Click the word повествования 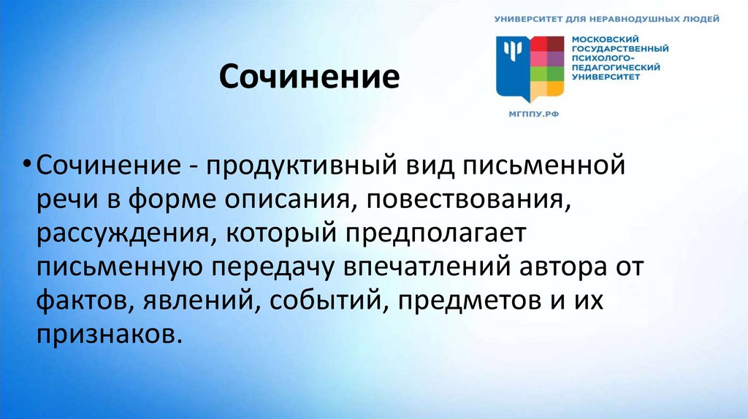[x=465, y=199]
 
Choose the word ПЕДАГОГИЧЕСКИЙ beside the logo [x=616, y=66]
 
